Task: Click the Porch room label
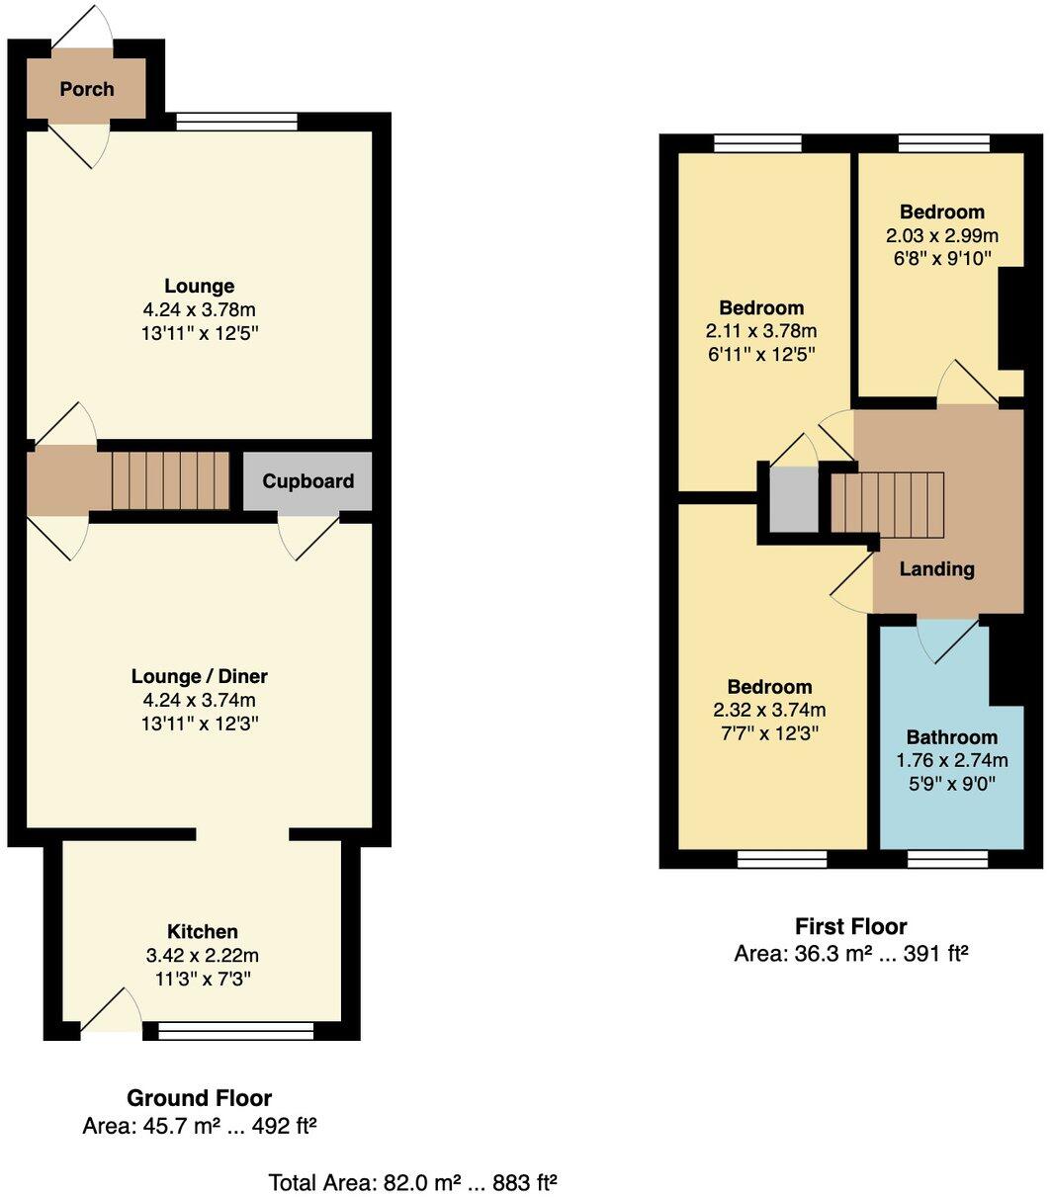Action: click(x=87, y=89)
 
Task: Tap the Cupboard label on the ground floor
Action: click(x=307, y=481)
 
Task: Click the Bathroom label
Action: click(x=951, y=737)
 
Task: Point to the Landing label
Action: click(x=936, y=568)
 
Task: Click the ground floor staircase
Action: click(x=169, y=481)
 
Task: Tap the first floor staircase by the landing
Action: click(x=887, y=505)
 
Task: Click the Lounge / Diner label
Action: click(x=200, y=677)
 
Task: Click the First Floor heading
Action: click(x=850, y=926)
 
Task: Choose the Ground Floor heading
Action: click(x=199, y=1097)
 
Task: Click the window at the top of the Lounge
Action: click(x=236, y=122)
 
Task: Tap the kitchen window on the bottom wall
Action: click(x=235, y=1031)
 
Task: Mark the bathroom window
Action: click(x=946, y=860)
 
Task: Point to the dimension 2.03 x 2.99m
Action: click(x=941, y=235)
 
